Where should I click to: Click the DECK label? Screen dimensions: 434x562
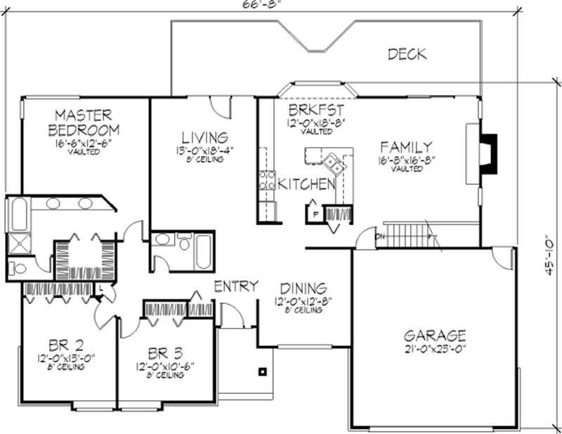tap(407, 54)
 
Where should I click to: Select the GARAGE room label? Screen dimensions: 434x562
tap(434, 335)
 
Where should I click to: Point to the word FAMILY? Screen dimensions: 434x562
tap(405, 147)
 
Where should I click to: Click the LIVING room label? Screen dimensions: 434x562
tap(203, 137)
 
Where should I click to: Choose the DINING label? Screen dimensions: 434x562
tap(303, 288)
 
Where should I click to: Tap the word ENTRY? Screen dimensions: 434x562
tap(236, 286)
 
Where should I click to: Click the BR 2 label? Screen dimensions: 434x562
tap(67, 345)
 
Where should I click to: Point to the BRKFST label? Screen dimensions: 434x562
tap(316, 110)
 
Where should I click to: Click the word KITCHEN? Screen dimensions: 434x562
tap(306, 185)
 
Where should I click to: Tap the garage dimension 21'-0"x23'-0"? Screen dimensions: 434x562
tap(434, 348)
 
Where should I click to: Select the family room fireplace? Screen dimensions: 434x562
tap(487, 153)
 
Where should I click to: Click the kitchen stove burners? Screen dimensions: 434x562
tap(266, 181)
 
